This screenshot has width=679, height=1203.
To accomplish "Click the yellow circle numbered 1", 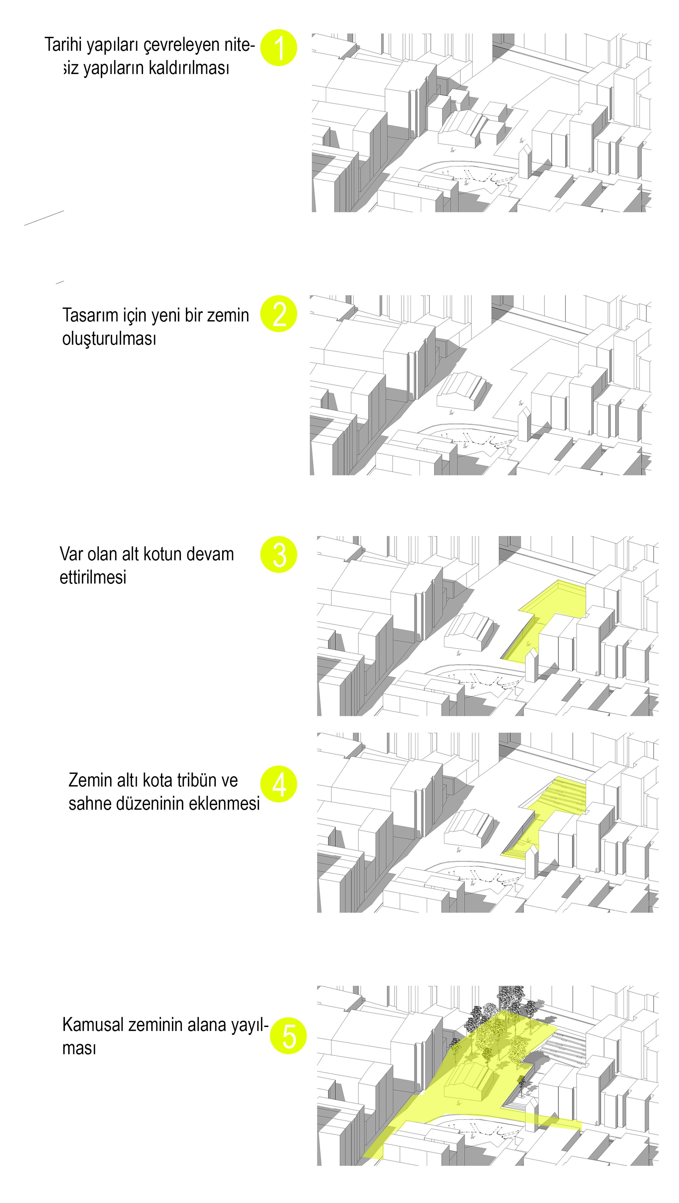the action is (x=278, y=48).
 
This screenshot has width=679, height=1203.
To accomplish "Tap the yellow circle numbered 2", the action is (x=278, y=314).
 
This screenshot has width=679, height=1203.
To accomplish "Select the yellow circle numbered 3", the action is (x=278, y=554).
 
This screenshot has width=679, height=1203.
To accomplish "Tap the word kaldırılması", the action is (x=189, y=68).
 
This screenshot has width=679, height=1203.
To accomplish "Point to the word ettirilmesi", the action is (x=93, y=577).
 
